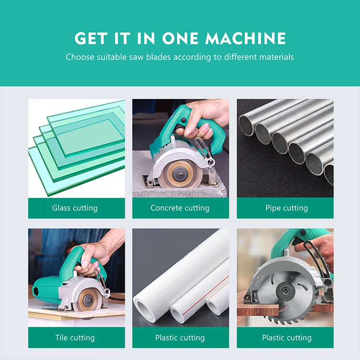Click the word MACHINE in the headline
[245, 38]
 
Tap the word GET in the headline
[91, 38]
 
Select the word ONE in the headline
[180, 38]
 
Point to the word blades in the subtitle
[158, 57]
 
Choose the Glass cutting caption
[75, 208]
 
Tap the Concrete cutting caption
[180, 208]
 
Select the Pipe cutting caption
[287, 208]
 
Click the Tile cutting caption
[75, 338]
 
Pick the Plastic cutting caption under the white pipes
[180, 338]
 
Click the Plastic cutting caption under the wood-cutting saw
[287, 338]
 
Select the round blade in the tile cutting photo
[89, 300]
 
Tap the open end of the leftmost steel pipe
[246, 126]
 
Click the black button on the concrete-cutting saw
[183, 120]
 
